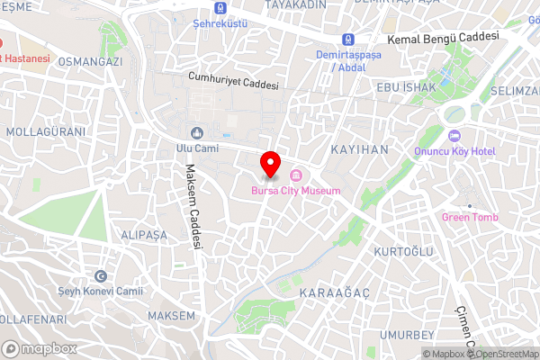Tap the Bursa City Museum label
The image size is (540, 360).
[x=295, y=191]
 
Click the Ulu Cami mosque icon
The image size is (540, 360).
[x=197, y=133]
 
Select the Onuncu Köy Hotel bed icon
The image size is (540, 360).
[x=454, y=136]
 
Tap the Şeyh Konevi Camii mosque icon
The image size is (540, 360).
[x=101, y=275]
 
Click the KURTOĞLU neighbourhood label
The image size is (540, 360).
[x=402, y=251]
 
